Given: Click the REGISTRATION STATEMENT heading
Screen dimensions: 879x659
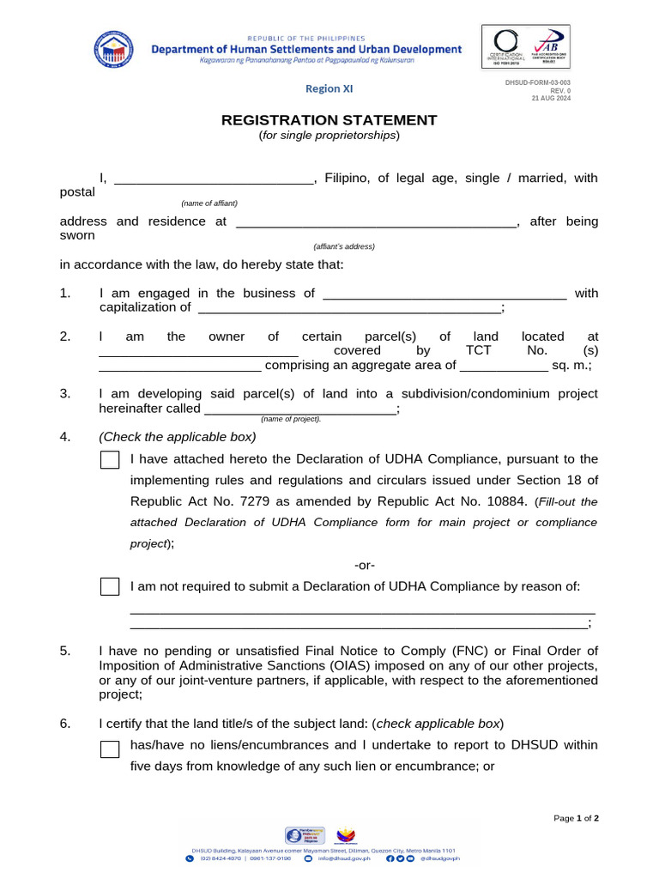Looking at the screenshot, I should (329, 120).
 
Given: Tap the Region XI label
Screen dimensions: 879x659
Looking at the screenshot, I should (329, 88).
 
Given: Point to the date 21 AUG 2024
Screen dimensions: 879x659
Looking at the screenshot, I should (550, 98).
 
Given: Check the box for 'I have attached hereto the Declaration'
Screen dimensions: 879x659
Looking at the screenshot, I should (110, 459).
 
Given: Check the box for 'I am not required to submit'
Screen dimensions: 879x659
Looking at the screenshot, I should (110, 586).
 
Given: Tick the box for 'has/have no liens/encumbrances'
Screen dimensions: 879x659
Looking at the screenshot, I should (110, 749).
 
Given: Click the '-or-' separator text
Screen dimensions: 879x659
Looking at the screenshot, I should (365, 565).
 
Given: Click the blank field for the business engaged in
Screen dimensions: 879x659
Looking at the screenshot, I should (444, 294).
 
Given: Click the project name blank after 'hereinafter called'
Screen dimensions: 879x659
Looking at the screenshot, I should (300, 410).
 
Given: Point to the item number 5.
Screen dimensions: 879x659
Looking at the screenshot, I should (64, 651).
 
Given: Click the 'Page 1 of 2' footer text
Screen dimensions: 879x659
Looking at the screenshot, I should (577, 818).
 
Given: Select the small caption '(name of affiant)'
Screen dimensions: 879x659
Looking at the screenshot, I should (209, 203).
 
